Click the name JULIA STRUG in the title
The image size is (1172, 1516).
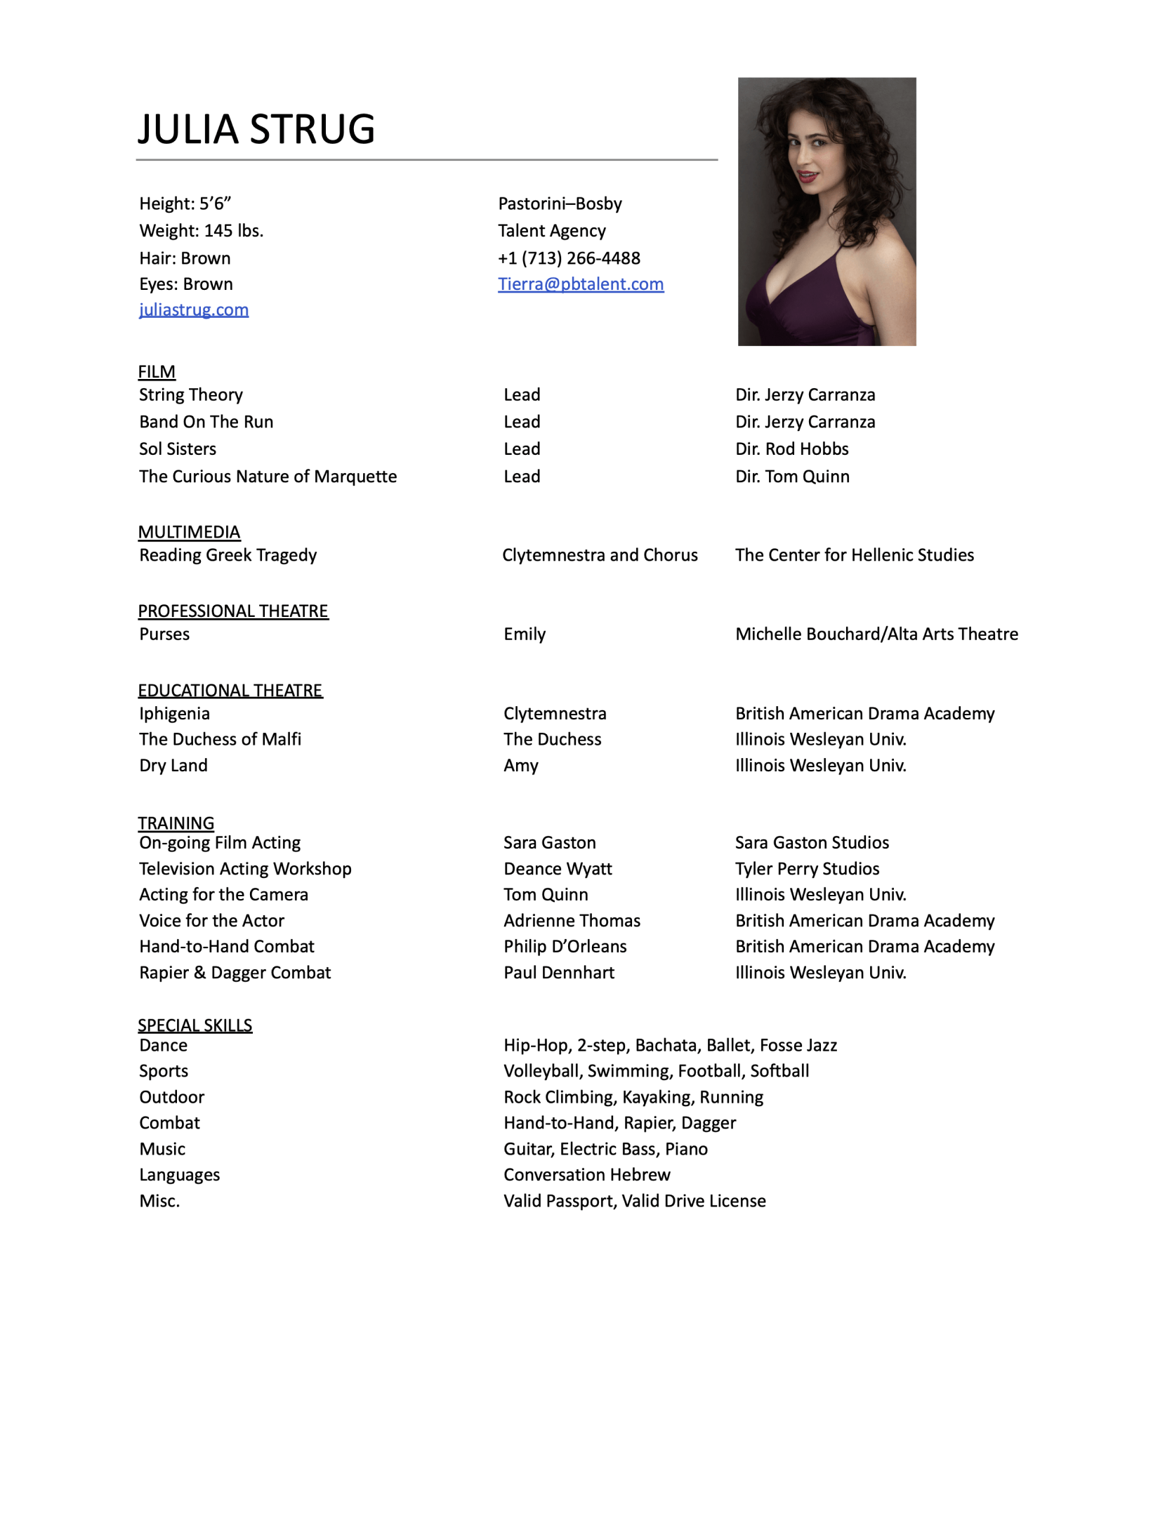click(x=256, y=129)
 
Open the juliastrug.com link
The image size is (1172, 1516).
click(x=194, y=310)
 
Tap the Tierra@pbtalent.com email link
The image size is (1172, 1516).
click(x=580, y=284)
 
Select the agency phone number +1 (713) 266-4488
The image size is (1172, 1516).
click(x=569, y=258)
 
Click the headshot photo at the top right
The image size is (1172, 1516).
click(x=826, y=211)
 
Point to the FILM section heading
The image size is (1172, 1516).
click(x=157, y=371)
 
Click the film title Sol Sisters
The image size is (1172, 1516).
click(x=178, y=448)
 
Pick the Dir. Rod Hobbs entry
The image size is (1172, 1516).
click(x=791, y=448)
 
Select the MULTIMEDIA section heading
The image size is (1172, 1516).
click(x=189, y=532)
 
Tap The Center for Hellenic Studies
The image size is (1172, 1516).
click(x=854, y=555)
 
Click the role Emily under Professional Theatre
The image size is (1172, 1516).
click(x=524, y=634)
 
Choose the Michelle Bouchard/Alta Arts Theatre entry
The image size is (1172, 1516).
click(x=876, y=634)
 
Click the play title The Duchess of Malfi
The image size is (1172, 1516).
click(x=220, y=739)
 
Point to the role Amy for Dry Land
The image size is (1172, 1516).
click(x=520, y=765)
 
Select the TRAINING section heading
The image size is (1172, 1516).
click(x=176, y=823)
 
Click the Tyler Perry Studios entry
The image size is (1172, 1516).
click(x=807, y=869)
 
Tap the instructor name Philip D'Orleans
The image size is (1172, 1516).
click(x=565, y=946)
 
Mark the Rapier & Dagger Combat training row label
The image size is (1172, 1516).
click(x=235, y=973)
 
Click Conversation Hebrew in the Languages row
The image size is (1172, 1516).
click(x=586, y=1174)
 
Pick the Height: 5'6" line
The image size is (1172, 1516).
click(x=185, y=204)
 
